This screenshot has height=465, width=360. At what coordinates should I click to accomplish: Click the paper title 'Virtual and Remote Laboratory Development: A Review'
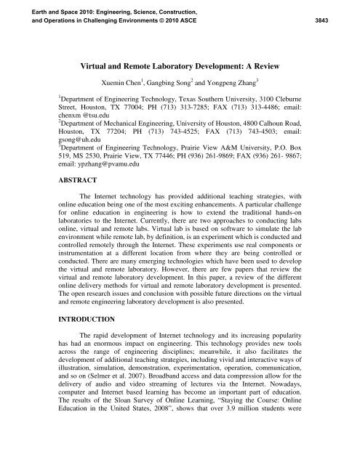pos(180,64)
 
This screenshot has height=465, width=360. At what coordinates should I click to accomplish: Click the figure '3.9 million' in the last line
pos(286,460)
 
